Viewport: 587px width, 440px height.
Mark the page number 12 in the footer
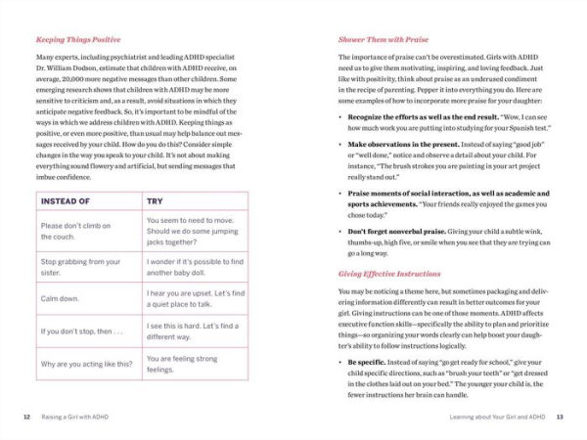point(27,417)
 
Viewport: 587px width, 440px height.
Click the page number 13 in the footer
point(560,417)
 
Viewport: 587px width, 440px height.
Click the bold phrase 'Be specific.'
point(368,361)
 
